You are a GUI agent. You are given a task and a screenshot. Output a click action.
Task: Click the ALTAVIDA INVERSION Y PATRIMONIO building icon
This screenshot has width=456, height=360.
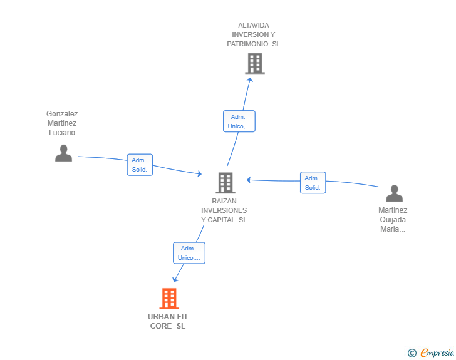pyautogui.click(x=254, y=63)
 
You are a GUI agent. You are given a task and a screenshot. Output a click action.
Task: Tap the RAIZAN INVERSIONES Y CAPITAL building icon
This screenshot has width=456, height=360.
pyautogui.click(x=225, y=182)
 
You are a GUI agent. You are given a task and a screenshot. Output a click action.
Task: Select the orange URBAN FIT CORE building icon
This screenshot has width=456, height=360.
pyautogui.click(x=169, y=299)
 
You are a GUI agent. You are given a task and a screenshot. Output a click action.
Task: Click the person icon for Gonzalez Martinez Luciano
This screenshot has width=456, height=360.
pyautogui.click(x=63, y=153)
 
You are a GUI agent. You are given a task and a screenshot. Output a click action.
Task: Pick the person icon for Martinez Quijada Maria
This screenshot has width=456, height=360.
pyautogui.click(x=393, y=193)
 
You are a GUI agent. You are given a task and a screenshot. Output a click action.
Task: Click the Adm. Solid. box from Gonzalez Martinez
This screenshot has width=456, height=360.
pyautogui.click(x=139, y=165)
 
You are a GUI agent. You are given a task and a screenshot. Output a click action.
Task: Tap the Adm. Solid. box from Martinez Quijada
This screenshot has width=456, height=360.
pyautogui.click(x=313, y=183)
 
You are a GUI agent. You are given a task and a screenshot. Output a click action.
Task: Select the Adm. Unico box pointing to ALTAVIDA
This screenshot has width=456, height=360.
pyautogui.click(x=239, y=121)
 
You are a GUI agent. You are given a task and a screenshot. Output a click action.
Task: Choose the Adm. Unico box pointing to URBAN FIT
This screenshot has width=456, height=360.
pyautogui.click(x=189, y=253)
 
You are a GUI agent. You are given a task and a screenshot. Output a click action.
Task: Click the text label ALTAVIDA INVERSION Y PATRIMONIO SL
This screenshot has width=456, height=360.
pyautogui.click(x=254, y=34)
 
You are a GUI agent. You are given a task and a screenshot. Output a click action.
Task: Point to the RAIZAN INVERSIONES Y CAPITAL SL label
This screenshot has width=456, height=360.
pyautogui.click(x=224, y=210)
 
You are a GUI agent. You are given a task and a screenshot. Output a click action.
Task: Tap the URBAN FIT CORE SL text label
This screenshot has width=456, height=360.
pyautogui.click(x=168, y=321)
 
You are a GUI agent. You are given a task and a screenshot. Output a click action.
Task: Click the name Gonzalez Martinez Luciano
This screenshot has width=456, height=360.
pyautogui.click(x=62, y=123)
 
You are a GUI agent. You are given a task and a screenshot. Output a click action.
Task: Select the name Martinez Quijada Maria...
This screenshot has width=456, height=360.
pyautogui.click(x=393, y=220)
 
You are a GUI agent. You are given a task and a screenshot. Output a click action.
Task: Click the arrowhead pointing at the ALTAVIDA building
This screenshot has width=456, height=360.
pyautogui.click(x=249, y=80)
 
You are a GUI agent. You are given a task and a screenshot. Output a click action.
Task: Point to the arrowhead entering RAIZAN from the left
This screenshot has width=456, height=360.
pyautogui.click(x=199, y=174)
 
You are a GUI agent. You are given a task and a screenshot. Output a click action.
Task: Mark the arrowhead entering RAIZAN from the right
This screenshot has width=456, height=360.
pyautogui.click(x=249, y=180)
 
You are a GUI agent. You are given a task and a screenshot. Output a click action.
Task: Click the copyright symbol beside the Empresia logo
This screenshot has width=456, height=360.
pyautogui.click(x=412, y=353)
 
